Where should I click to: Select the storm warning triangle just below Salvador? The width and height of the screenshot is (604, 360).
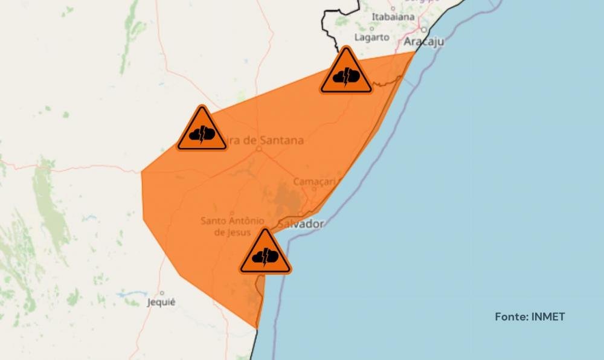tap(265, 254)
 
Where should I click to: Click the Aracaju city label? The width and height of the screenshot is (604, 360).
tap(423, 41)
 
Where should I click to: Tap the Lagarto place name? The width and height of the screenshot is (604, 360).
tap(371, 37)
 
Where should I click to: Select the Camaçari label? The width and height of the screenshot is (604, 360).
tap(313, 181)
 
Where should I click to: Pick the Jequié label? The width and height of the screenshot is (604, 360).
tap(161, 302)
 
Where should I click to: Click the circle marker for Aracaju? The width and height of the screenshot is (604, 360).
tap(425, 30)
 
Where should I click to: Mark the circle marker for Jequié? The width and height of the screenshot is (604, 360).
tap(161, 293)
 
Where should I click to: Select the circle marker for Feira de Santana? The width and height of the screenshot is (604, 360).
tap(259, 148)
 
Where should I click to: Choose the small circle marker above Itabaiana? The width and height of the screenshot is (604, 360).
tap(393, 8)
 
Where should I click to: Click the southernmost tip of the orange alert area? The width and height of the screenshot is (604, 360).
tap(257, 328)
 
